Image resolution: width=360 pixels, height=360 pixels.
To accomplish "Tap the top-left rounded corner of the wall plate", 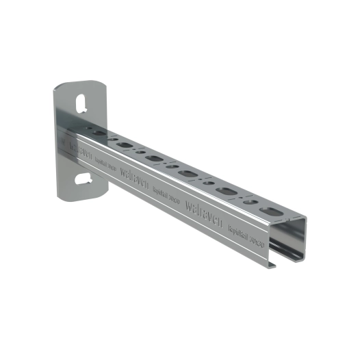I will point(57,88).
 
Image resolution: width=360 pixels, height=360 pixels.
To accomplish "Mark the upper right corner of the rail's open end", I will point(305,220).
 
